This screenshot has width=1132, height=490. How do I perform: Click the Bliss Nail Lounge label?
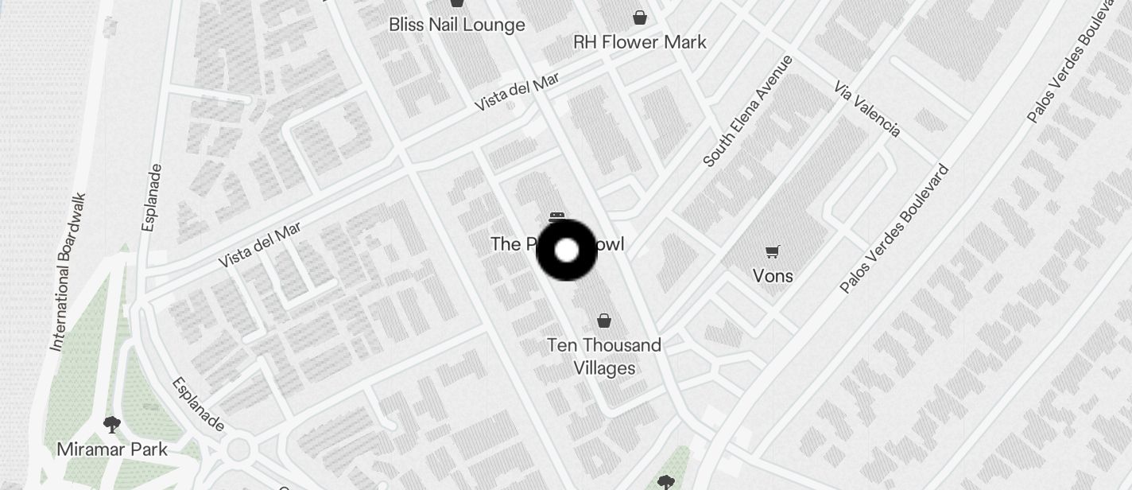pyautogui.click(x=456, y=25)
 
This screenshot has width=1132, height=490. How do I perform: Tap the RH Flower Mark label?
pyautogui.click(x=639, y=42)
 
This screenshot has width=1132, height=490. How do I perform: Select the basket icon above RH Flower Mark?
pyautogui.click(x=640, y=17)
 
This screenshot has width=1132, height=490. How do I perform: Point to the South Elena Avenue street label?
pyautogui.click(x=748, y=111)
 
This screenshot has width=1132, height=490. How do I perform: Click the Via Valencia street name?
pyautogui.click(x=867, y=108)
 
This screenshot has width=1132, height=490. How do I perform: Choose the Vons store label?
pyautogui.click(x=773, y=276)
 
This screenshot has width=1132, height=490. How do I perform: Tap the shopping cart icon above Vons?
pyautogui.click(x=772, y=252)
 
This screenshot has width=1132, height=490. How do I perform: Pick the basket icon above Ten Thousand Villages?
pyautogui.click(x=604, y=321)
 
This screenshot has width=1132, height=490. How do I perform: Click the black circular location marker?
pyautogui.click(x=567, y=251)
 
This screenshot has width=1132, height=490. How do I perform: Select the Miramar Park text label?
pyautogui.click(x=112, y=449)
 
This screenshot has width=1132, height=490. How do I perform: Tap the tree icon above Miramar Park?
pyautogui.click(x=112, y=424)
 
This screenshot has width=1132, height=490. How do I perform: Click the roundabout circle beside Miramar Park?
pyautogui.click(x=238, y=450)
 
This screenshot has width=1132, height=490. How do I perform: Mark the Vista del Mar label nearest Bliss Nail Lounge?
pyautogui.click(x=517, y=91)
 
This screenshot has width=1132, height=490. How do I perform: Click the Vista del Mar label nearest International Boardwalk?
pyautogui.click(x=260, y=245)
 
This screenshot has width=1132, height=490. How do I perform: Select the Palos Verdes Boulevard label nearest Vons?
pyautogui.click(x=894, y=228)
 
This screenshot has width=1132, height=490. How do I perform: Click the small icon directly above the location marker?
pyautogui.click(x=557, y=216)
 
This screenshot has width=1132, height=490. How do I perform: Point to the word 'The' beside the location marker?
pyautogui.click(x=505, y=244)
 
